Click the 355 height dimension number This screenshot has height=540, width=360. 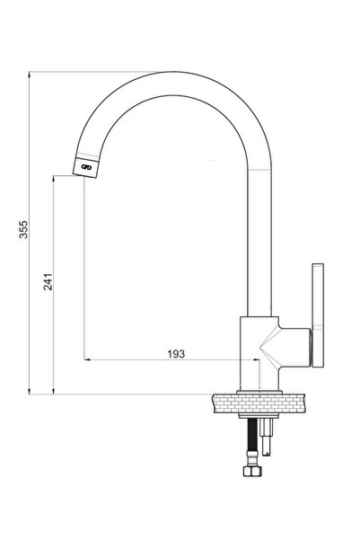23,229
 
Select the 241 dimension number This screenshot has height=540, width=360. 48,282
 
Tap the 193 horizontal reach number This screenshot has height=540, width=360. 176,354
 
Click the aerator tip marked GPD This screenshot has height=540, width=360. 85,168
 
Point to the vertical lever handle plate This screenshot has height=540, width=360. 318,315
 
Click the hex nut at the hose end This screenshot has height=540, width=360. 252,471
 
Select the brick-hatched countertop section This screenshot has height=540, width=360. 259,403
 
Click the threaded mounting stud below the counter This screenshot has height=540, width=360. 267,437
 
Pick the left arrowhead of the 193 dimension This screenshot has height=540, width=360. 87,359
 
